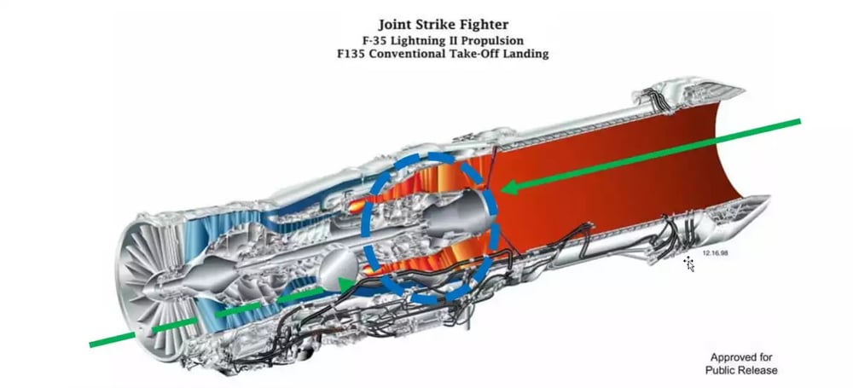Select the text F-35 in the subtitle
(x=374, y=40)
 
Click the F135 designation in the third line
(x=351, y=55)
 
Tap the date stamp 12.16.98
(x=715, y=253)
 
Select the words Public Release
(x=741, y=370)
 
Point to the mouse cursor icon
(x=690, y=263)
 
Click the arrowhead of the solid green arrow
(x=508, y=188)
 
